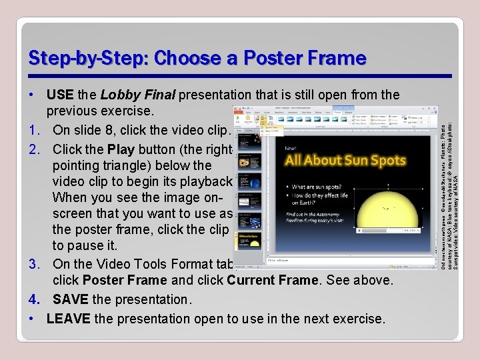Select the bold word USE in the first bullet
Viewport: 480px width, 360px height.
coord(60,95)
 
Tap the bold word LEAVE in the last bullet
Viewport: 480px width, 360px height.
coord(68,319)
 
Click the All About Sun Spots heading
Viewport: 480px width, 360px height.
coord(345,160)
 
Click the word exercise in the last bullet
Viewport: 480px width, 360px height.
coord(353,319)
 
